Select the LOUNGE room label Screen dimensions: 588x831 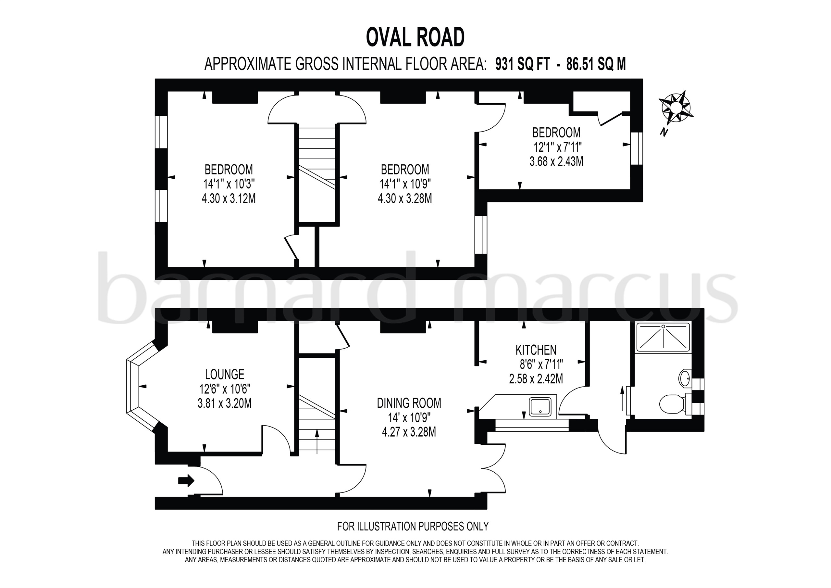(224, 374)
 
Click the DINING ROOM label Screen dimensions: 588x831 (409, 403)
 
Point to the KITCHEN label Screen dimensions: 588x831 (536, 350)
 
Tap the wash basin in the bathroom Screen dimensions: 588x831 (685, 378)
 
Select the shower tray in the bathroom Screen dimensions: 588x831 (663, 337)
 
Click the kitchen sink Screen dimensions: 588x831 (540, 406)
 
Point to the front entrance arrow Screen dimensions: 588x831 (186, 481)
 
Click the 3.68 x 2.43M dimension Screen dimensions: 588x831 (556, 161)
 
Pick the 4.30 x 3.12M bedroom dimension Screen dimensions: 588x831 (229, 198)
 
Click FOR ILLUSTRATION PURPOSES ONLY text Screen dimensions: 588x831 (413, 526)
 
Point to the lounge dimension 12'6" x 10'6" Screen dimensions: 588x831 (224, 389)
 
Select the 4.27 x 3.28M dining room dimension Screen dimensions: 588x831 (409, 432)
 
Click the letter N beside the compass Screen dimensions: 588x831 (663, 133)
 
